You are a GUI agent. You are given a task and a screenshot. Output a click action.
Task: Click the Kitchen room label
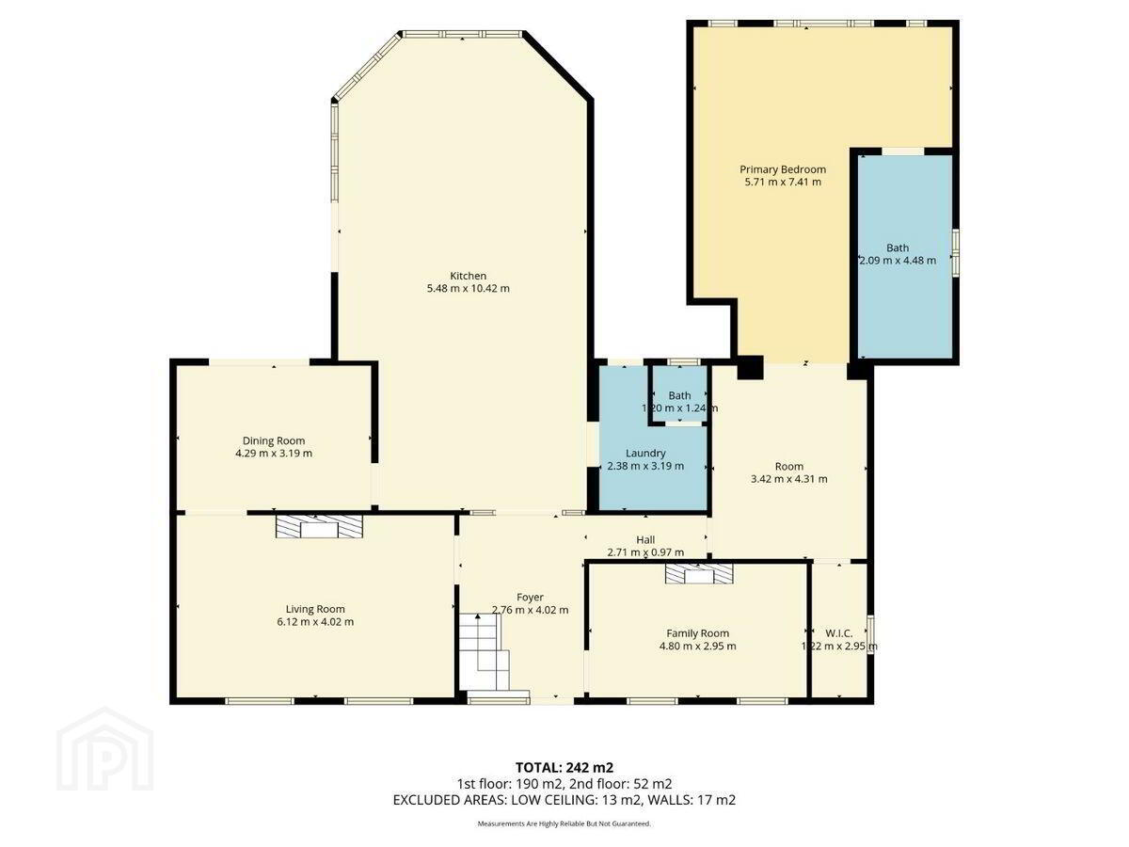point(468,276)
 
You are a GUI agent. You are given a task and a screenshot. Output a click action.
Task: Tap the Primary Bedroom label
point(783,169)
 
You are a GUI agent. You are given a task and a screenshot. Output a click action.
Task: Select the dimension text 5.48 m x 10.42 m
point(468,289)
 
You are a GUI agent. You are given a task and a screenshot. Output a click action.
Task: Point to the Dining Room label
point(273,440)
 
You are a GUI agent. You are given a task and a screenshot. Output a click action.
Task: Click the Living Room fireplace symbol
point(319,527)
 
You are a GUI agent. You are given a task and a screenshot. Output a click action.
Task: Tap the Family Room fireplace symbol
point(699,573)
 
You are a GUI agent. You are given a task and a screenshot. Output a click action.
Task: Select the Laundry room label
point(645,453)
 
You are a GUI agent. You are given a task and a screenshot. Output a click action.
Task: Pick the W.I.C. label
point(839,633)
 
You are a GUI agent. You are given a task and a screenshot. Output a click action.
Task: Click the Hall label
point(645,539)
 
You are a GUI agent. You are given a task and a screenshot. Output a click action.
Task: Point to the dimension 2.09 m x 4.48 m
point(898,261)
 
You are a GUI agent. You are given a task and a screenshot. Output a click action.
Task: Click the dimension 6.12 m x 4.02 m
point(315,622)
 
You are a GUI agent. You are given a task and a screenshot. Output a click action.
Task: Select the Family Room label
point(697,633)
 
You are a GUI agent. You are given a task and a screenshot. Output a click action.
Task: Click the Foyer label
point(530,597)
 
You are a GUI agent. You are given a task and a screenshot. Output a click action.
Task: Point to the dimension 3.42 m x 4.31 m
point(789,479)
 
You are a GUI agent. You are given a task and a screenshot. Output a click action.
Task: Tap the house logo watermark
point(105,750)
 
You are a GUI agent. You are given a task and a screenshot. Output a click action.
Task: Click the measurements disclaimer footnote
point(564,823)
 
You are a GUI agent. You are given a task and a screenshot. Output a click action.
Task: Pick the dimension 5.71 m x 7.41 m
point(783,182)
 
